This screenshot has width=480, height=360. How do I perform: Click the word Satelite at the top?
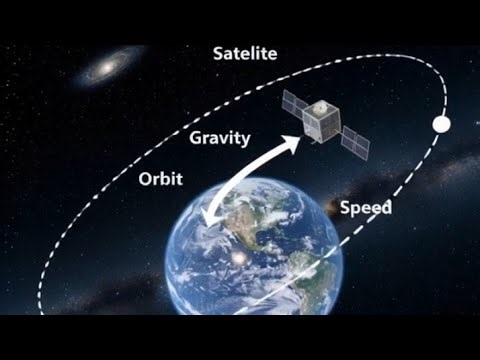click(x=245, y=52)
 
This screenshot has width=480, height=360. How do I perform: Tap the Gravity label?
click(x=219, y=138)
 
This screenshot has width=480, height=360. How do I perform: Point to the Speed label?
click(x=365, y=208)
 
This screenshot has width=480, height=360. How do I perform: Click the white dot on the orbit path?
click(x=440, y=125)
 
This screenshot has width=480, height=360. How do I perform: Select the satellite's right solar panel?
click(x=354, y=142)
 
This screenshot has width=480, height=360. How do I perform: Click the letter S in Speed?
click(x=346, y=208)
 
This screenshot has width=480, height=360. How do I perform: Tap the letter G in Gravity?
click(x=196, y=138)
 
